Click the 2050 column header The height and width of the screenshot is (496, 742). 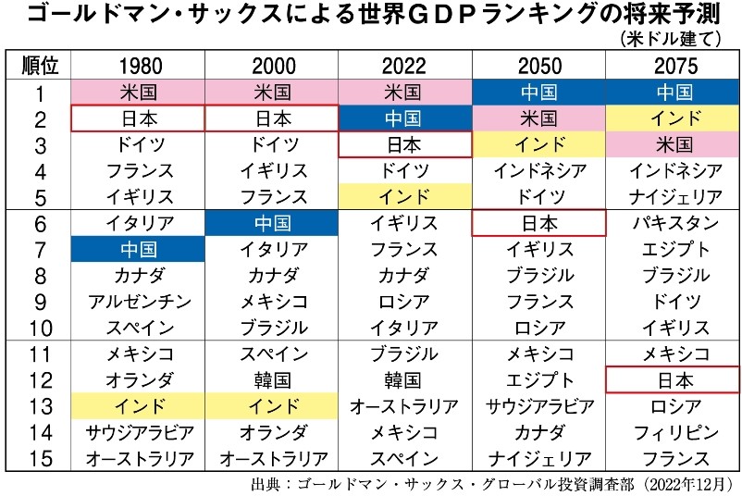(x=539, y=66)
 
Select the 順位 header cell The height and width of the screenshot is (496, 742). (x=39, y=65)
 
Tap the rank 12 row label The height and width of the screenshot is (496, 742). (x=40, y=380)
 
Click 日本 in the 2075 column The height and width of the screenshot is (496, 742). (x=674, y=380)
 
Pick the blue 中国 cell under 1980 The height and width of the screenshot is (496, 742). (x=138, y=249)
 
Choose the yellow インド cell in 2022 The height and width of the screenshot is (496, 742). (x=404, y=196)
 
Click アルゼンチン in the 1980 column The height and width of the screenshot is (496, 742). (x=139, y=302)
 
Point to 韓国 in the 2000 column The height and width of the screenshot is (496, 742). (x=273, y=380)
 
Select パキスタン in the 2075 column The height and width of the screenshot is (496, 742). (x=675, y=223)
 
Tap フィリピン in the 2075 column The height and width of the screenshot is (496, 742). (x=675, y=432)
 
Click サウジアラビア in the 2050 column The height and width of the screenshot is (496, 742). (x=540, y=406)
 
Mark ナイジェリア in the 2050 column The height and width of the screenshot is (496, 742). (x=540, y=458)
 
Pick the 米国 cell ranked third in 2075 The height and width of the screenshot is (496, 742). (x=674, y=144)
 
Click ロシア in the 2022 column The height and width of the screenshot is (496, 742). (x=404, y=302)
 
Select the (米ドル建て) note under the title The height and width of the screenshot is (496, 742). (x=671, y=38)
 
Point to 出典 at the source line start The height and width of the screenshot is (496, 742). (x=264, y=484)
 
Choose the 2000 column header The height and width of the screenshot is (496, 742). (x=274, y=66)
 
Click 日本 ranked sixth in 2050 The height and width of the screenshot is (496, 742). (x=539, y=223)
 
